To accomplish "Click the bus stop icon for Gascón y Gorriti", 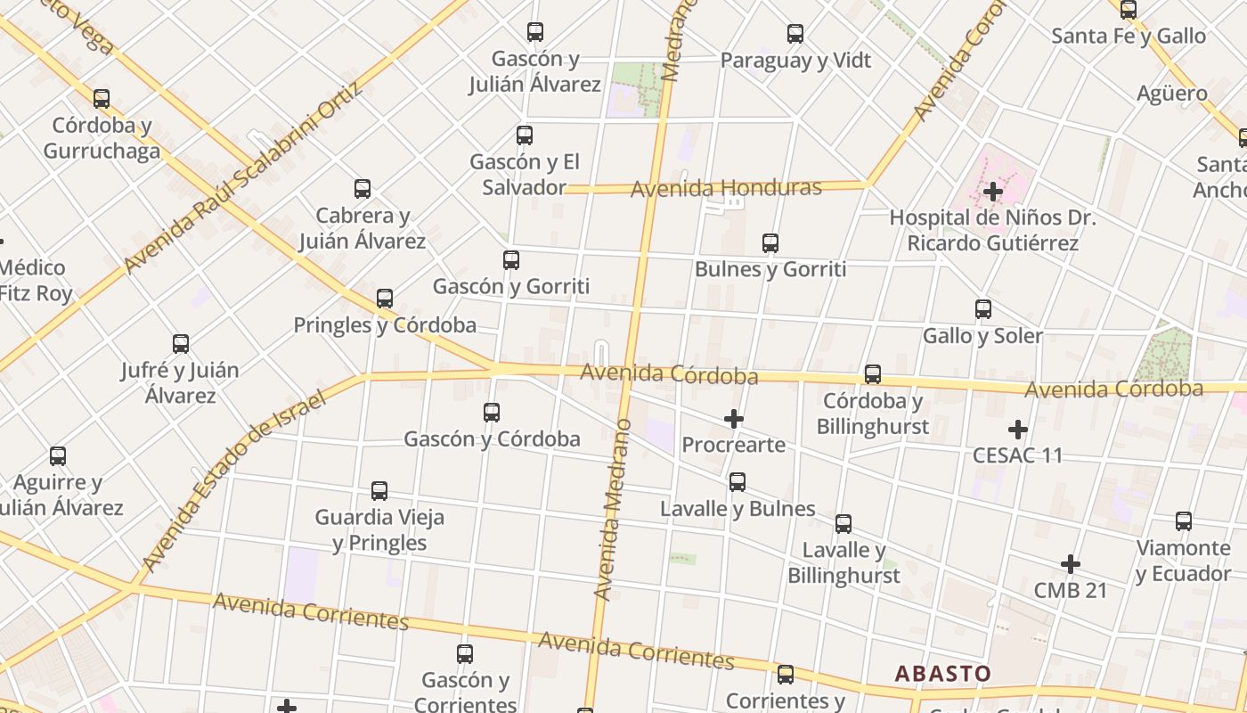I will [x=511, y=260].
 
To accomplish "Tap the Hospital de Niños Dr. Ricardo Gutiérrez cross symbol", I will [x=993, y=191].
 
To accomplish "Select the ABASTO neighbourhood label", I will [x=942, y=673].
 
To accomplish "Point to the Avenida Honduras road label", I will [x=726, y=188].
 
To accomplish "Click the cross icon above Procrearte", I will [x=734, y=418].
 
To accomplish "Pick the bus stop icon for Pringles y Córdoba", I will [x=385, y=299].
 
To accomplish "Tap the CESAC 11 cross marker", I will [x=1018, y=430].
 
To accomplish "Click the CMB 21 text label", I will [x=1070, y=590].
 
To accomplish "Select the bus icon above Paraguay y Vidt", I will [x=795, y=34].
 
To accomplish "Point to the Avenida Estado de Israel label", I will [x=234, y=481].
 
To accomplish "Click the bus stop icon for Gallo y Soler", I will [x=983, y=309].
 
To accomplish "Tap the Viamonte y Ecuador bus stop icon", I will [x=1184, y=521].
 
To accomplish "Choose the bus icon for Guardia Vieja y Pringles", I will [x=379, y=491].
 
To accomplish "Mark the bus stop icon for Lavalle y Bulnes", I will [x=738, y=482].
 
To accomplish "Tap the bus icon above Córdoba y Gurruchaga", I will [x=102, y=99].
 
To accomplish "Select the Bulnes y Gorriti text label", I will [x=770, y=269].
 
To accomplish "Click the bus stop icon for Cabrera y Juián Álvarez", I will [x=363, y=189].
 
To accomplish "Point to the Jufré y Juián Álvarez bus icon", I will [x=181, y=344].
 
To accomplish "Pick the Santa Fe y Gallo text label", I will [x=1128, y=37].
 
